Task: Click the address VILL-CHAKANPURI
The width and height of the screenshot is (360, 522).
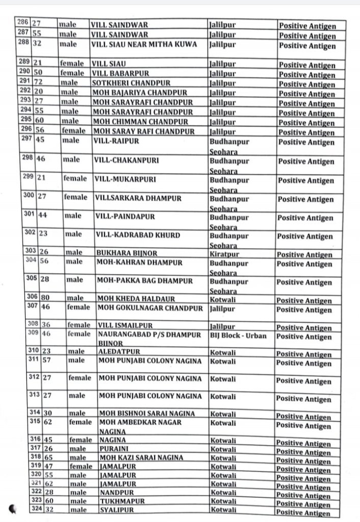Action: click(127, 160)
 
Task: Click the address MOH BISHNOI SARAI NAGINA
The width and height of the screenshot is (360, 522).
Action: click(146, 413)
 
